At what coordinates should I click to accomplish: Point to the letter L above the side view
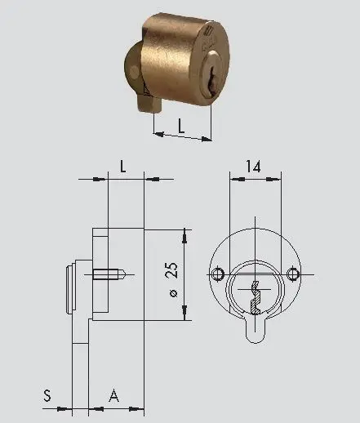click(x=122, y=166)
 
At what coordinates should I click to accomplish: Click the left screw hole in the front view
click(x=217, y=273)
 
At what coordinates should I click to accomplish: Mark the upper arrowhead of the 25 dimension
click(x=185, y=234)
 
